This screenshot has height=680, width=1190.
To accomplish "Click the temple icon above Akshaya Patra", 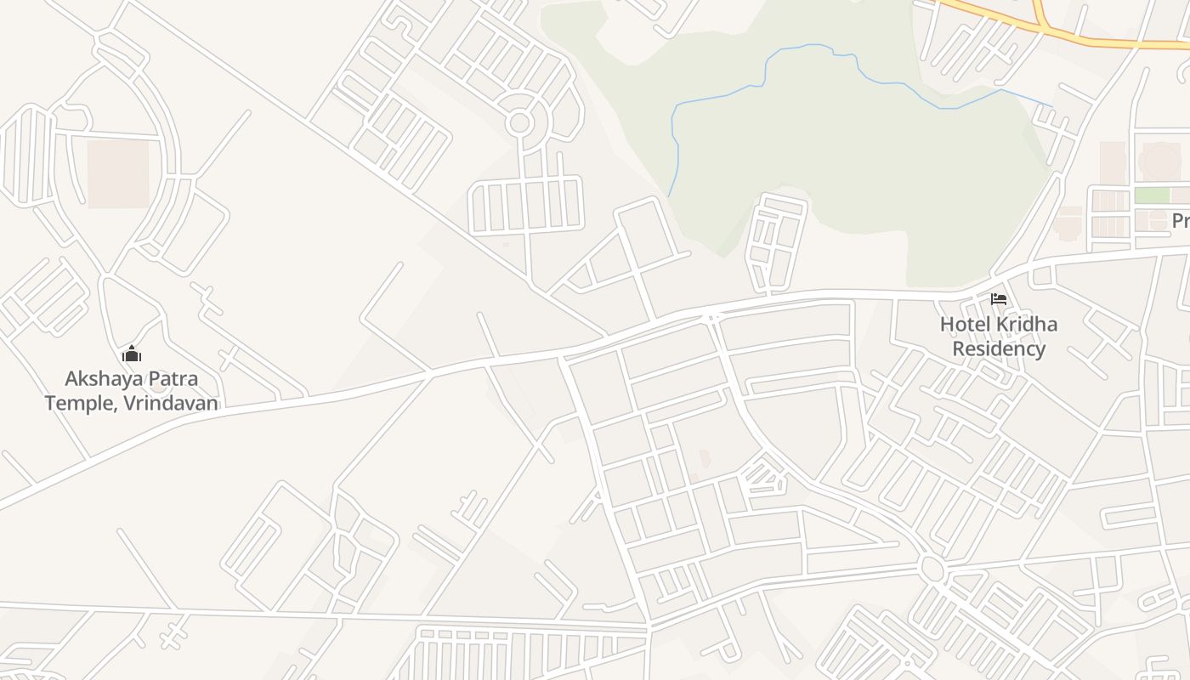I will pyautogui.click(x=132, y=354).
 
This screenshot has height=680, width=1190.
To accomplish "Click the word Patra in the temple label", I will pyautogui.click(x=169, y=378).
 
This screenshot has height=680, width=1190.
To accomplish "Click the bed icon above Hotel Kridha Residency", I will pyautogui.click(x=999, y=299).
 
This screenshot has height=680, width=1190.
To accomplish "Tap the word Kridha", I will pyautogui.click(x=1028, y=325).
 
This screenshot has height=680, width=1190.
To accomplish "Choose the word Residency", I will pyautogui.click(x=999, y=348).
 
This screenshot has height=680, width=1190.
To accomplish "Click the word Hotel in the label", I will pyautogui.click(x=966, y=325).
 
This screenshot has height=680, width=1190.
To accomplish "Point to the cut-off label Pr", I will pyautogui.click(x=1181, y=221).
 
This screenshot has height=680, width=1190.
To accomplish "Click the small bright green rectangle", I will pyautogui.click(x=1152, y=195).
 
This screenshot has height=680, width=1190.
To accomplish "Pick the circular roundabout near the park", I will pyautogui.click(x=519, y=122).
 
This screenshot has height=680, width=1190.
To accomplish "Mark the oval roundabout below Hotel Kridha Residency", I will pyautogui.click(x=932, y=569).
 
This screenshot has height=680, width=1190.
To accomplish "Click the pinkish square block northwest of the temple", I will pyautogui.click(x=118, y=174).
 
